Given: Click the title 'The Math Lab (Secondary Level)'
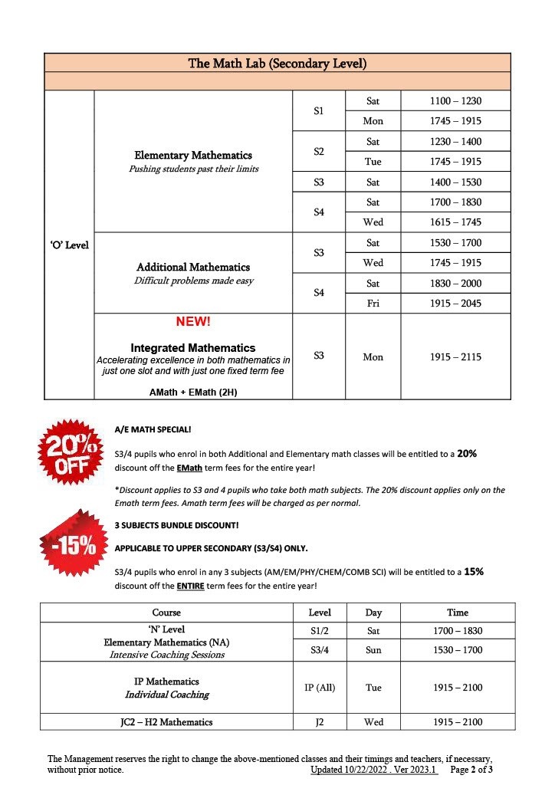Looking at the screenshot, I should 277,63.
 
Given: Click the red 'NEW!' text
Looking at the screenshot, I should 192,322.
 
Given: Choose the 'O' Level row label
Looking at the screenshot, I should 69,245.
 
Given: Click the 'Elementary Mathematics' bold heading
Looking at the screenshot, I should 193,156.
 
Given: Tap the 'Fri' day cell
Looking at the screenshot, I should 373,303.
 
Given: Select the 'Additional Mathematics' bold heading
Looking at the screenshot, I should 193,267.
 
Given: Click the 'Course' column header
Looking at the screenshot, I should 166,613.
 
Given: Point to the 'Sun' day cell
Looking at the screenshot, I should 373,650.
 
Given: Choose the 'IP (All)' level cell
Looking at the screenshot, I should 319,688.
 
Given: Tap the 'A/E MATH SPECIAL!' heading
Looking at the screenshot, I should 153,429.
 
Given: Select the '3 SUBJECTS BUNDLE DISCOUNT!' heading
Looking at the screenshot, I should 176,525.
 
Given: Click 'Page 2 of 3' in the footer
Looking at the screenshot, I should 471,769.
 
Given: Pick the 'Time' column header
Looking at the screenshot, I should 457,613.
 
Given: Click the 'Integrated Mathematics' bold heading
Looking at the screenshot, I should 192,348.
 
